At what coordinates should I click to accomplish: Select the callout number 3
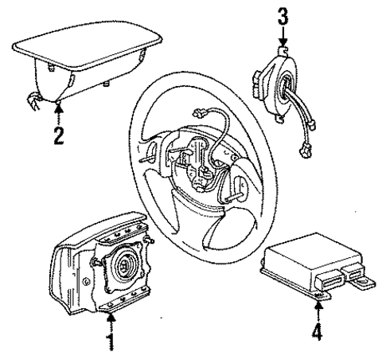(281, 14)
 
